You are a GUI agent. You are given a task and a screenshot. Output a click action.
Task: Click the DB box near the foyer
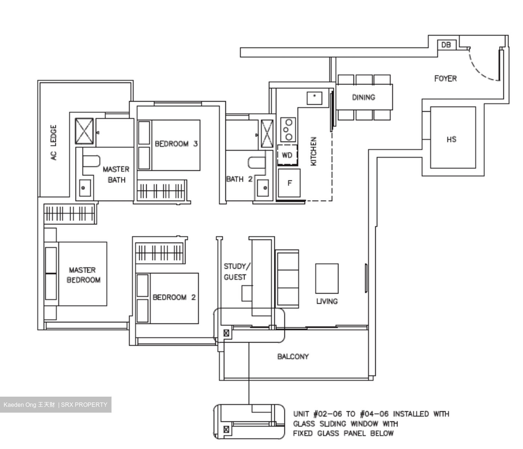point(446,45)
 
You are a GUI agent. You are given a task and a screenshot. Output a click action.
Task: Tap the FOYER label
point(445,79)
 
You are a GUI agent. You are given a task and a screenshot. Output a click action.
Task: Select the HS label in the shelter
point(451,139)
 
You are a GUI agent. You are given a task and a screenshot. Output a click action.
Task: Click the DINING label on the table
point(364,97)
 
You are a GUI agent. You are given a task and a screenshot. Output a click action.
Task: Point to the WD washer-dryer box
point(287,155)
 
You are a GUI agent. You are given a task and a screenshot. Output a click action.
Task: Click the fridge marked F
point(289,183)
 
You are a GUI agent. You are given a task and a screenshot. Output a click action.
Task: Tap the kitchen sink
point(314,98)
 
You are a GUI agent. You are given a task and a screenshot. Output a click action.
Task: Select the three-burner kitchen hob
point(288,129)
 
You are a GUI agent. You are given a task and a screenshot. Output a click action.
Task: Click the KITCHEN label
point(313,151)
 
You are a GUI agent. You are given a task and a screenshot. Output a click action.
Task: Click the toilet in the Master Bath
point(91,161)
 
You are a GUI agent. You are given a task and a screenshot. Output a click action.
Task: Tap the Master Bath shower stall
point(84,131)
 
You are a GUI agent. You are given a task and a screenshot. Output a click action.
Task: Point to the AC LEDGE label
point(54,143)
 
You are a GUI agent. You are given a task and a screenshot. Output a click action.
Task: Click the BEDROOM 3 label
point(176,144)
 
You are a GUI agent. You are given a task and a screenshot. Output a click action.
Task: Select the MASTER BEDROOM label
point(83,275)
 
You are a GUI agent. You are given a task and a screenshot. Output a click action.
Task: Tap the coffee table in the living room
point(327,278)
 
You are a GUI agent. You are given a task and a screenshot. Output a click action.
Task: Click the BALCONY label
point(293,357)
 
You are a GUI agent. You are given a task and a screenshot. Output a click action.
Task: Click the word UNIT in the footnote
point(301,414)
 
